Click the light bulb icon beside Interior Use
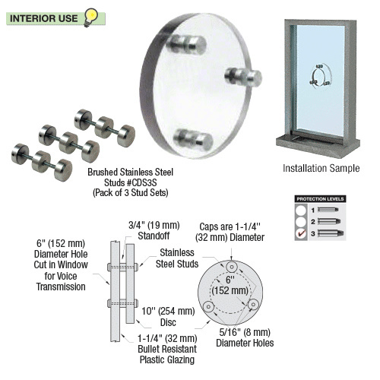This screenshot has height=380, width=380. (91, 14)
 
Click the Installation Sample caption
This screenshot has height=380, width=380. (321, 168)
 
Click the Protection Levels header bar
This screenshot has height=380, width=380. (320, 198)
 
